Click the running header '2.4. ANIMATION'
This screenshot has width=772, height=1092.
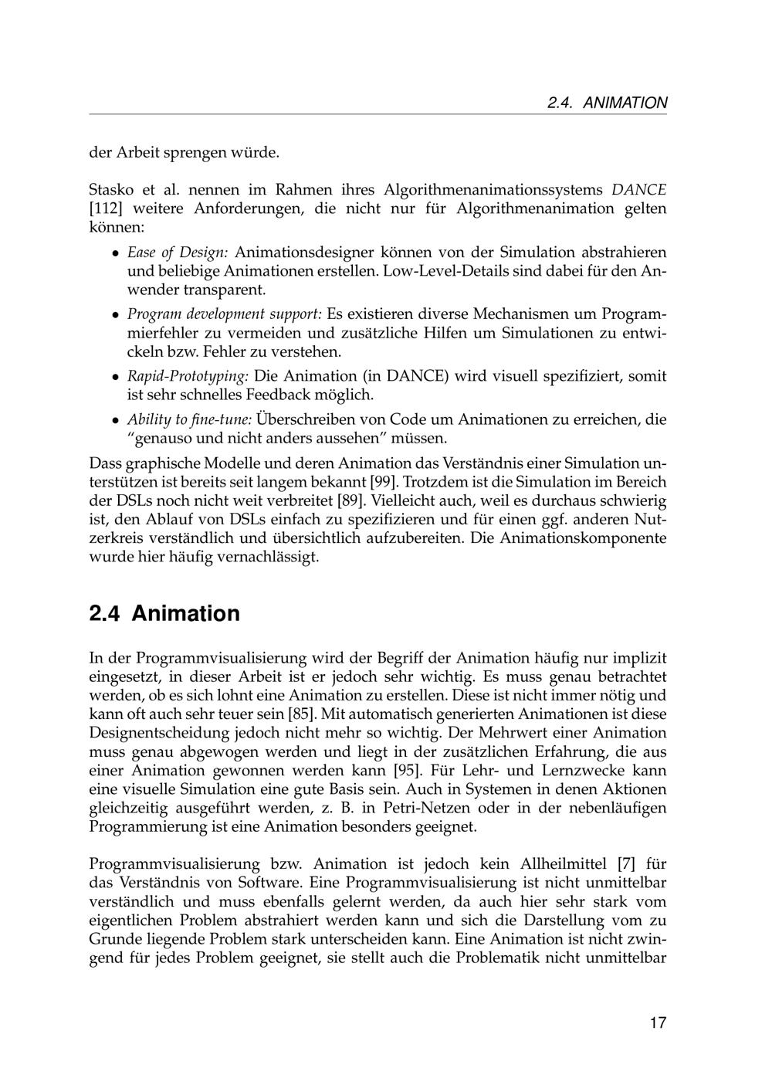(607, 103)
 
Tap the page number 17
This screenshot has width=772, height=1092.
(658, 1023)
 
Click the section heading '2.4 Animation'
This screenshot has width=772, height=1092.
(164, 614)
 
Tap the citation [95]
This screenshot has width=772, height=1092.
(408, 771)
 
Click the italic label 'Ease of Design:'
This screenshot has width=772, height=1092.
(178, 253)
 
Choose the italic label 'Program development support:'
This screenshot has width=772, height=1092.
(225, 314)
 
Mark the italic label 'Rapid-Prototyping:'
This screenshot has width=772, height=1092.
(188, 376)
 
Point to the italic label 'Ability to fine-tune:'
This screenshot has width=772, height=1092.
(190, 420)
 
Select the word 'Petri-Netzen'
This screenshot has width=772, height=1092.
(486, 808)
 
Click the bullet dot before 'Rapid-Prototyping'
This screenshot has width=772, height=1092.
(113, 377)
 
